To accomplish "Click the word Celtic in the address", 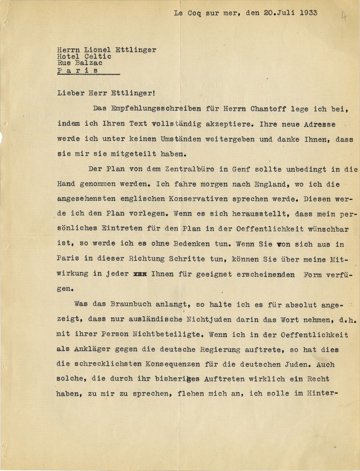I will click(98, 57).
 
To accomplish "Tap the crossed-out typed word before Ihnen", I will click(140, 274).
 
